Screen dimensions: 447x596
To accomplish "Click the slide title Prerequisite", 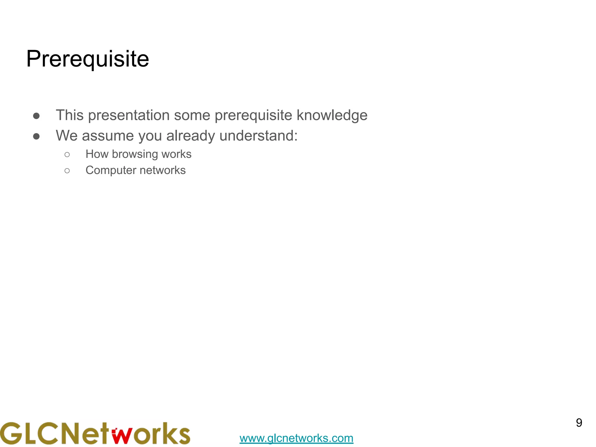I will [88, 59].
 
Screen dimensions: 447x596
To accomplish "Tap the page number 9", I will [579, 423].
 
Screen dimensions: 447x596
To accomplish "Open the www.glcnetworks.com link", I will [296, 438].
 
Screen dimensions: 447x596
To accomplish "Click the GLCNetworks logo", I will [95, 433].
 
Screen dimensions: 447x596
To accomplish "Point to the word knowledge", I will [332, 115].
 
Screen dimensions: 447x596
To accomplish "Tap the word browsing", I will [135, 154].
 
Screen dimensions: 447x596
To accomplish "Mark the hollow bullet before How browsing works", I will [67, 155].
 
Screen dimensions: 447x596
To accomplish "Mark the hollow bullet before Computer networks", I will [67, 171].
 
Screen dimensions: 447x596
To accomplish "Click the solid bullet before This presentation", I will [36, 116].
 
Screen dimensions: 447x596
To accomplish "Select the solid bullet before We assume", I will [36, 136].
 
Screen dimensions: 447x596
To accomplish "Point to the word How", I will [97, 154].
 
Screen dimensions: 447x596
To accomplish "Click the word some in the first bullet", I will [192, 115].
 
